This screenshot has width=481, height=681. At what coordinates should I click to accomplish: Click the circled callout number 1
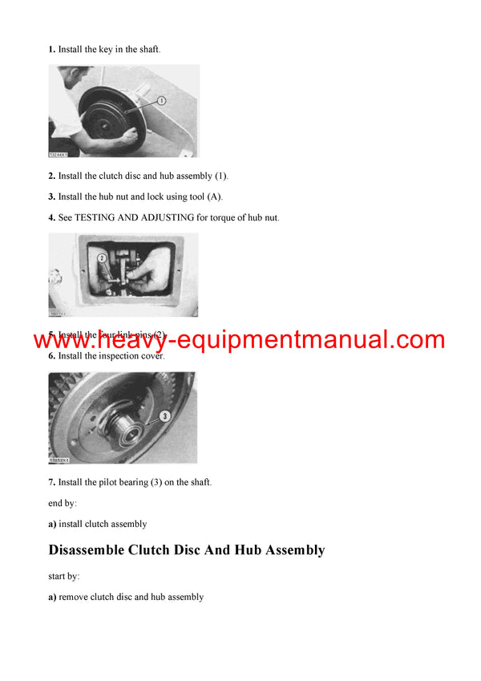161,101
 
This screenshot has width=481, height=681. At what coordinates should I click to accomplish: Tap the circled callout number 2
103,258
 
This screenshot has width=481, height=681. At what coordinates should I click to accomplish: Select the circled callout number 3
164,416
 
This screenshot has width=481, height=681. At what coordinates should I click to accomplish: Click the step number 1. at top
52,50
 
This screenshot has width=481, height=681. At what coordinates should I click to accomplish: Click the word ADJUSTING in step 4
163,218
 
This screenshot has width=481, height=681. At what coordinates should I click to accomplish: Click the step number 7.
52,482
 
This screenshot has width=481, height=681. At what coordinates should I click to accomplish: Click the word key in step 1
106,50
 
